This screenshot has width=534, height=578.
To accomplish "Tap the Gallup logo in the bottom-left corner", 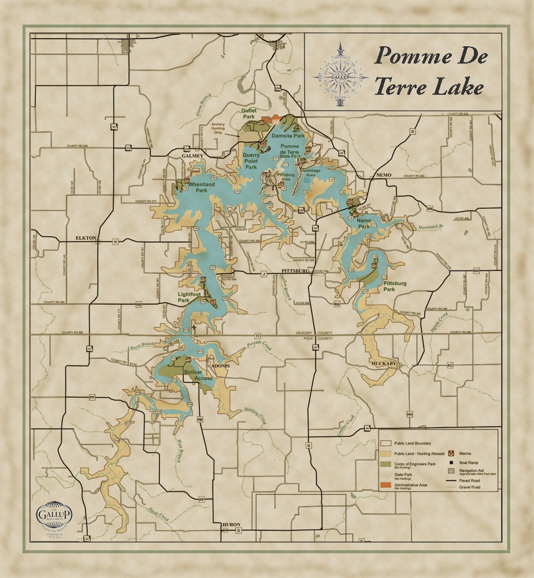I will coord(54,513).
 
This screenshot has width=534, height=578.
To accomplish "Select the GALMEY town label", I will coord(192,156).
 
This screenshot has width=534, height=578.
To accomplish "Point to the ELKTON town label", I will coord(88,238).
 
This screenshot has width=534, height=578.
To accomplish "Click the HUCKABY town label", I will coord(384,364).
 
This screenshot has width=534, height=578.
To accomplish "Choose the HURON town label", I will coord(231,525).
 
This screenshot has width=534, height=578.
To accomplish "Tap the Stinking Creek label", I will coord(255,416).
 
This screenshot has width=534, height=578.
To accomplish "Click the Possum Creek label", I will coord(258,345).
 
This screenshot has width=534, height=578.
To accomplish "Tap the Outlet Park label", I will coord(249,113).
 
